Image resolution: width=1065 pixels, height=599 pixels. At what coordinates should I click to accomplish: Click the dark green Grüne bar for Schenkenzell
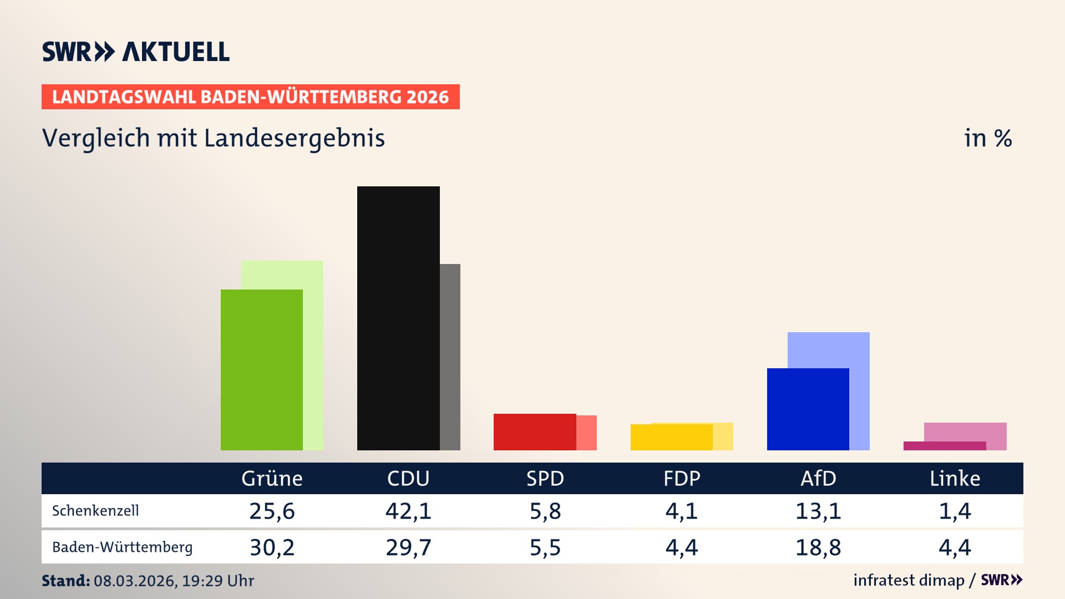262,369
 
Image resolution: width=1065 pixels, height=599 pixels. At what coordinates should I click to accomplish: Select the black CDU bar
398,318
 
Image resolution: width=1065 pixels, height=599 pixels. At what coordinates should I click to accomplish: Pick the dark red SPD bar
535,432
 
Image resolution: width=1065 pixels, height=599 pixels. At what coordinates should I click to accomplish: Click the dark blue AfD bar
808,409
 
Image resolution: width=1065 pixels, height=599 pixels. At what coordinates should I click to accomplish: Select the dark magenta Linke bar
944,446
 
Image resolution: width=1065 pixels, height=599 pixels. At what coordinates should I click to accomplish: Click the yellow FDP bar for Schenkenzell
671,437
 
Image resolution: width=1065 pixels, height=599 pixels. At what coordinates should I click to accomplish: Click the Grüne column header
272,479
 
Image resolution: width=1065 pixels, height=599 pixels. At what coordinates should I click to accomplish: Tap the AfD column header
818,479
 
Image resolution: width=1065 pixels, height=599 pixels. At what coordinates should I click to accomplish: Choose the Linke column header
955,479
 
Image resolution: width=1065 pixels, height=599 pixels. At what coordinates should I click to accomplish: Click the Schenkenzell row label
95,511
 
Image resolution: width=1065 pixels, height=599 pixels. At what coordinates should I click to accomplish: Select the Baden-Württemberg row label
122,547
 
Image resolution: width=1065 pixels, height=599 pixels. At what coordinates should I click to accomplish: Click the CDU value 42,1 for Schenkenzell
408,511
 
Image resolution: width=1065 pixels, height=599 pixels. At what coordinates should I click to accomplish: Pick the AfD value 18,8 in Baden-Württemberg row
818,547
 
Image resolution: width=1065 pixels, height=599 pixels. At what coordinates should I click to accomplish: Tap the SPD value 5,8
545,511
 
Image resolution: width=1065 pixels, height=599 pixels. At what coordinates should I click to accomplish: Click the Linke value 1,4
955,511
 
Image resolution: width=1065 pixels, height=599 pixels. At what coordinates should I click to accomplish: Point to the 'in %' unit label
988,138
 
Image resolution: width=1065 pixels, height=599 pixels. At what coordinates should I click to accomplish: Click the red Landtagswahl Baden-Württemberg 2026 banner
250,97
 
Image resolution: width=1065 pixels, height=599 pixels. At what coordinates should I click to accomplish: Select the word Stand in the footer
65,581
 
